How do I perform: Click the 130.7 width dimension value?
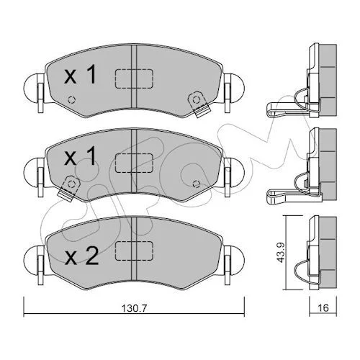point(134,308)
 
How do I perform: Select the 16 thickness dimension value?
point(323,307)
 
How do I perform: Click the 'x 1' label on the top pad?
point(80,75)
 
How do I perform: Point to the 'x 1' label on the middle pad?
point(80,156)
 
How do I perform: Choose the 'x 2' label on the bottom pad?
point(81,256)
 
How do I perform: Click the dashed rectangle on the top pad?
point(134,78)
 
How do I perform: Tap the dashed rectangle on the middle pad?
point(134,163)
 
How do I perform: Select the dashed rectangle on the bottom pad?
point(134,251)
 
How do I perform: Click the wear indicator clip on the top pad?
point(199,104)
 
